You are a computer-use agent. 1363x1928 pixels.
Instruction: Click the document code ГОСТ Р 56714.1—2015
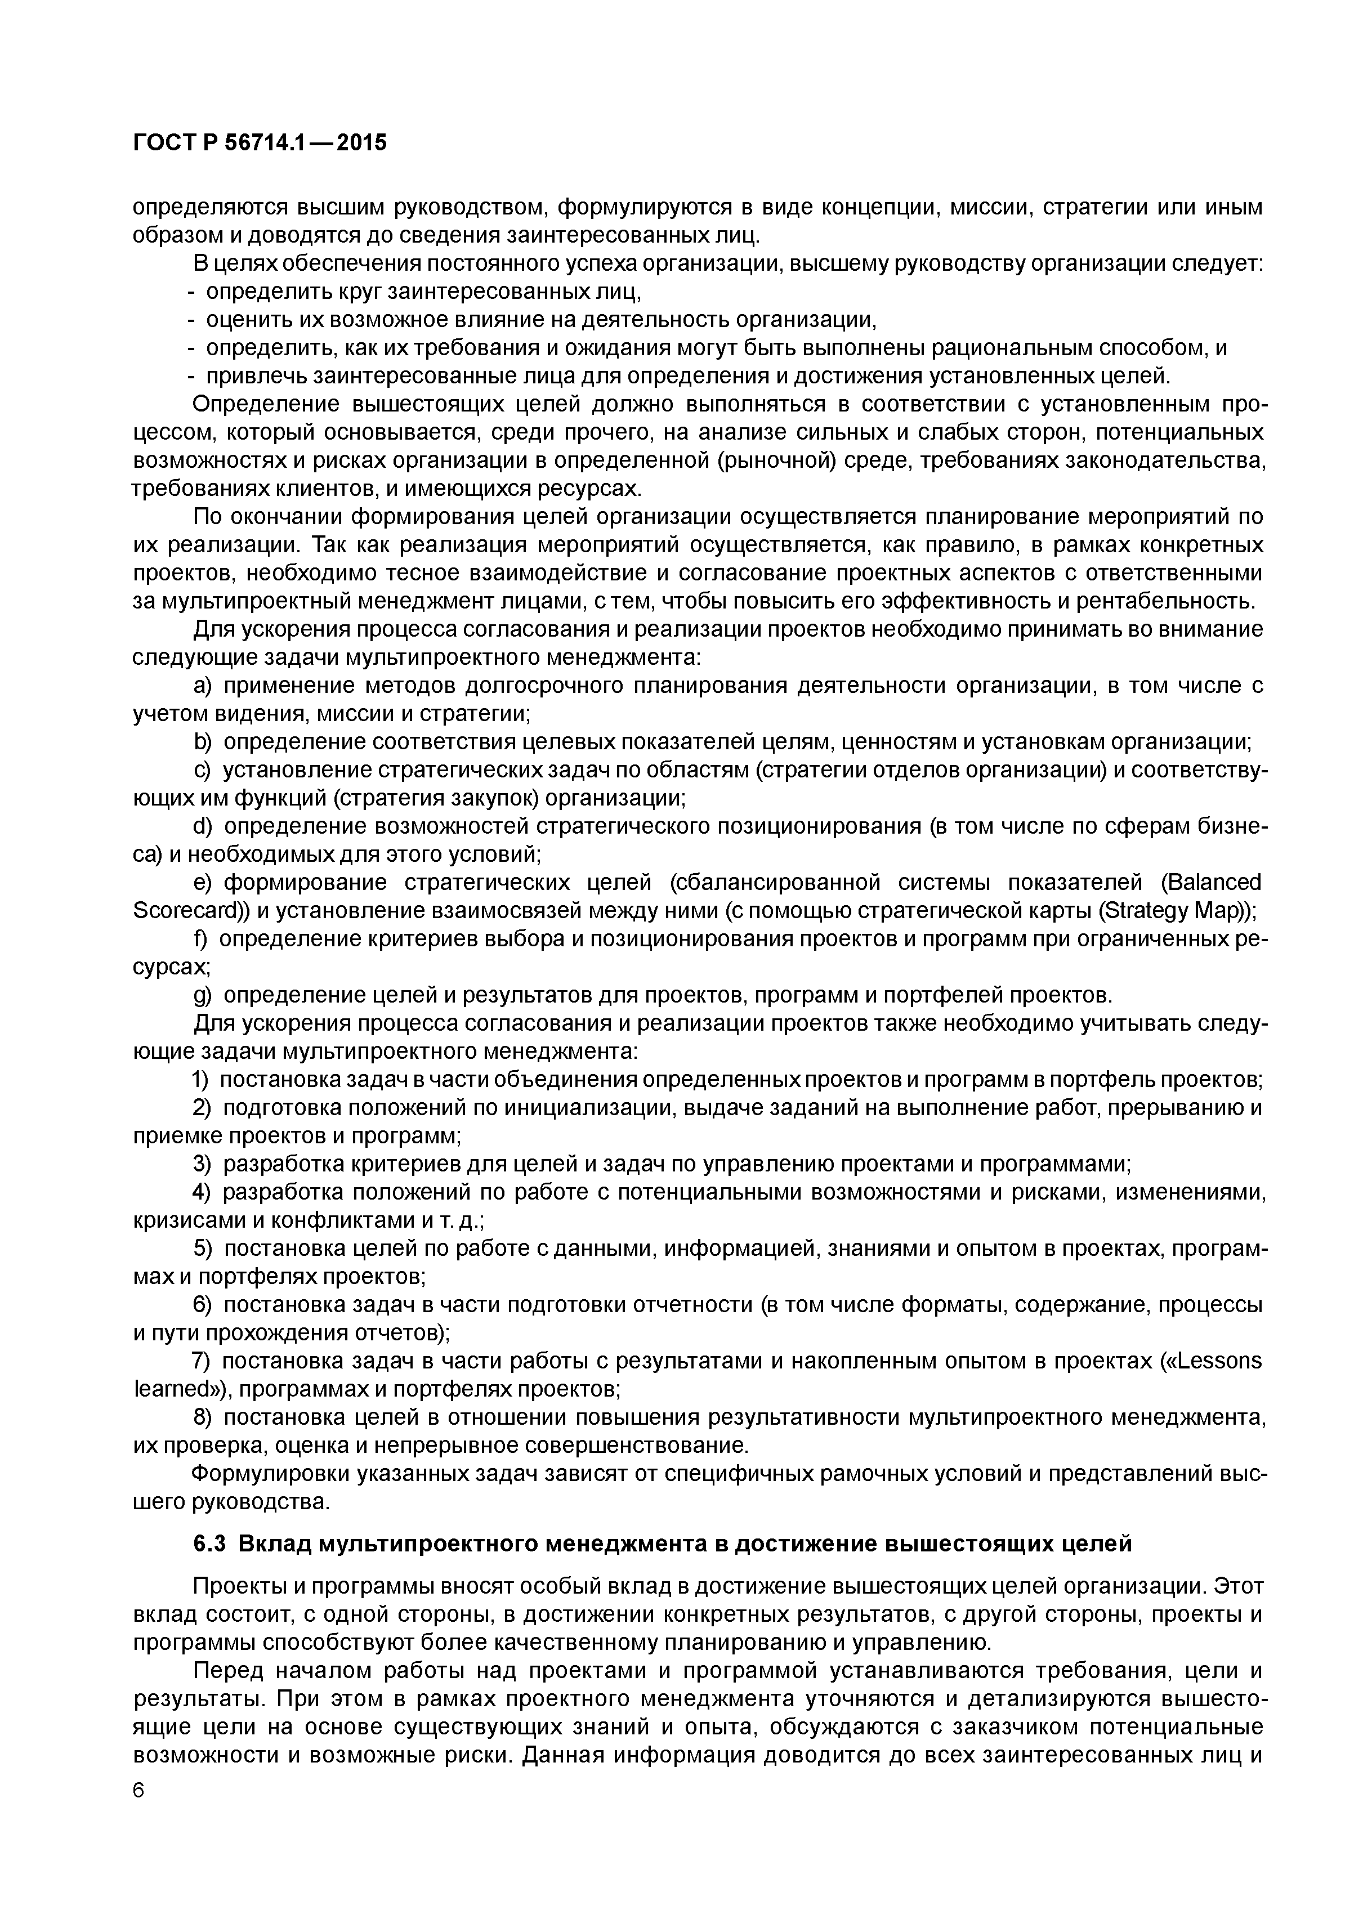(x=260, y=144)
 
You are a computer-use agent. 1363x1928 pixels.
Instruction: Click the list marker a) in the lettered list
(x=203, y=686)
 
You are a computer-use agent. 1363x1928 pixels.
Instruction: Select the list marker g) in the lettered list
(x=203, y=996)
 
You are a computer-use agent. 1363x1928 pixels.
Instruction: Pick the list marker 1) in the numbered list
(x=202, y=1080)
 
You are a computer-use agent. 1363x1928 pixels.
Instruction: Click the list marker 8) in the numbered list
(x=202, y=1417)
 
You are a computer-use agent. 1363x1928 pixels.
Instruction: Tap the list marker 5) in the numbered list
(x=202, y=1249)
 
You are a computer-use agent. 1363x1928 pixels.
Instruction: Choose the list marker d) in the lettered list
(x=203, y=826)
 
